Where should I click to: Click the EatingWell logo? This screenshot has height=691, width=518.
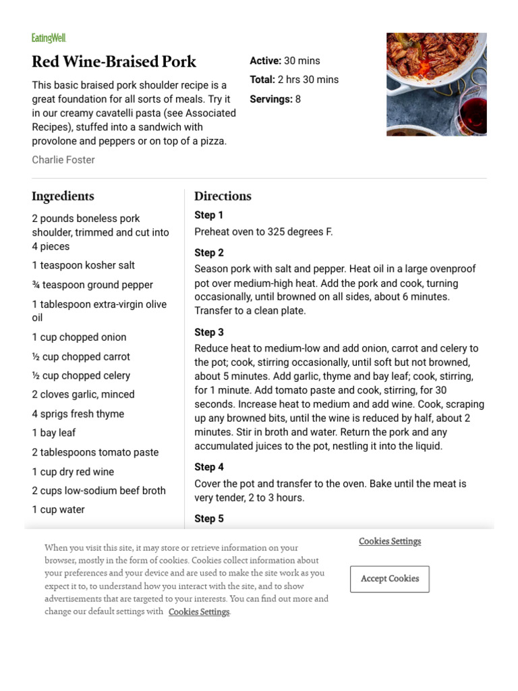pyautogui.click(x=49, y=38)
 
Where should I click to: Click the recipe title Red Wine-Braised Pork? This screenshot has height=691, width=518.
pyautogui.click(x=114, y=61)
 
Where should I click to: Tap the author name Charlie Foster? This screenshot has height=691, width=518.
pyautogui.click(x=63, y=160)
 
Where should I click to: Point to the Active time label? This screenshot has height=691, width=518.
pyautogui.click(x=265, y=61)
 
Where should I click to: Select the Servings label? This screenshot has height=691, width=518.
pyautogui.click(x=270, y=99)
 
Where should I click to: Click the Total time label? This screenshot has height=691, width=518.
pyautogui.click(x=262, y=80)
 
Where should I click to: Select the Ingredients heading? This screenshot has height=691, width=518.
pyautogui.click(x=63, y=196)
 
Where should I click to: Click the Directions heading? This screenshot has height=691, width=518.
pyautogui.click(x=223, y=196)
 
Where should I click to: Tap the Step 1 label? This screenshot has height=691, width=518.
pyautogui.click(x=209, y=215)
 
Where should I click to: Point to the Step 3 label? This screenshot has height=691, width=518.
pyautogui.click(x=209, y=333)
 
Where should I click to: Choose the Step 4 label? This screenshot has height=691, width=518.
pyautogui.click(x=209, y=467)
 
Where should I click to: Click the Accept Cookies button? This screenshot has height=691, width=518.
pyautogui.click(x=390, y=579)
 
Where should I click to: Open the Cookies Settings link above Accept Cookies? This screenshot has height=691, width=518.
pyautogui.click(x=390, y=541)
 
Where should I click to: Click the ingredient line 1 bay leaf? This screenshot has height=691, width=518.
pyautogui.click(x=54, y=433)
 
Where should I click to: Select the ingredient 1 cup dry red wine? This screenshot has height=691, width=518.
pyautogui.click(x=73, y=472)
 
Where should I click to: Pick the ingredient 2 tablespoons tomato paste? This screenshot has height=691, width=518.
pyautogui.click(x=95, y=452)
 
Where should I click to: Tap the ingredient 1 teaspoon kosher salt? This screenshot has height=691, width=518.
pyautogui.click(x=84, y=265)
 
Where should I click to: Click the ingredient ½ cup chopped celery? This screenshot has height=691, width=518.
pyautogui.click(x=81, y=375)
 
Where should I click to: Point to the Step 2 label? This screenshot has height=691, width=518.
pyautogui.click(x=209, y=253)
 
